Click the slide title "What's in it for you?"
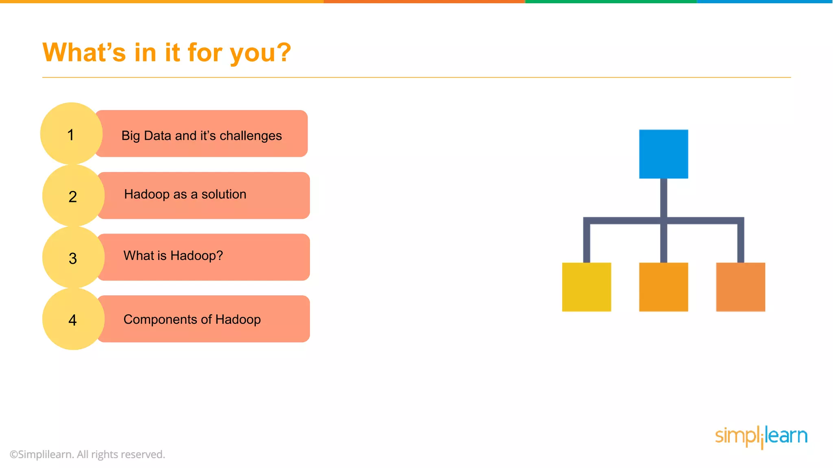[x=167, y=53]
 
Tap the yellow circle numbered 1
[x=71, y=134]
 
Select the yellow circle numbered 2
[x=73, y=196]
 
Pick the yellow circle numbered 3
[x=73, y=258]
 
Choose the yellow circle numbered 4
[x=73, y=319]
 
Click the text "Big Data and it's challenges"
[x=201, y=136]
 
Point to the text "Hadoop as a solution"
[x=185, y=194]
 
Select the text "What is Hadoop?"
[x=173, y=256]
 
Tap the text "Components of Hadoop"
[x=192, y=319]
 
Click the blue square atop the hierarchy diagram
[x=663, y=154]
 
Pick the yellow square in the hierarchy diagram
[x=587, y=287]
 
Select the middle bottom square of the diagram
[x=663, y=287]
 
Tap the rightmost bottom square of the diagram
[x=740, y=287]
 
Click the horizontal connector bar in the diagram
[x=626, y=221]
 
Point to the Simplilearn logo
[x=761, y=436]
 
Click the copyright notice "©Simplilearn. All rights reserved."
[x=87, y=454]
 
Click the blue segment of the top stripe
[x=765, y=2]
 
